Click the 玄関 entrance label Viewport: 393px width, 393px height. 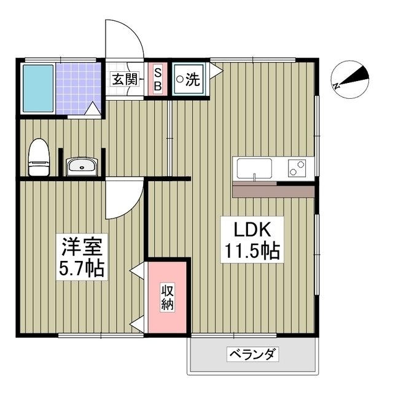[x=125, y=79]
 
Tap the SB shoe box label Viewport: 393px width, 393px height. [x=158, y=79]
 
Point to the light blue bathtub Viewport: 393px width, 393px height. [x=38, y=88]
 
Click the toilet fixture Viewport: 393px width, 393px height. [x=39, y=157]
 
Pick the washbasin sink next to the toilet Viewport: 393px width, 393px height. [x=82, y=166]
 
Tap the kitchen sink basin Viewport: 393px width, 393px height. [x=254, y=168]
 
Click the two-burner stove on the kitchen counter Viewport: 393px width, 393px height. [x=297, y=168]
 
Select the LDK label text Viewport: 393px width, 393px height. [x=252, y=230]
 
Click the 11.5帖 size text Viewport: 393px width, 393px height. [x=252, y=251]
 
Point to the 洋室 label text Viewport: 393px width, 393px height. [x=82, y=247]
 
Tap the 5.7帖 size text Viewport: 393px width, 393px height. [x=82, y=268]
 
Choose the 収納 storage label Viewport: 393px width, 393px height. [x=168, y=298]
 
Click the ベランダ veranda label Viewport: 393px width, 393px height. [x=252, y=354]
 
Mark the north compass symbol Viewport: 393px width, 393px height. [x=350, y=79]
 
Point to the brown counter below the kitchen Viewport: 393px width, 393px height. [x=273, y=192]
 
